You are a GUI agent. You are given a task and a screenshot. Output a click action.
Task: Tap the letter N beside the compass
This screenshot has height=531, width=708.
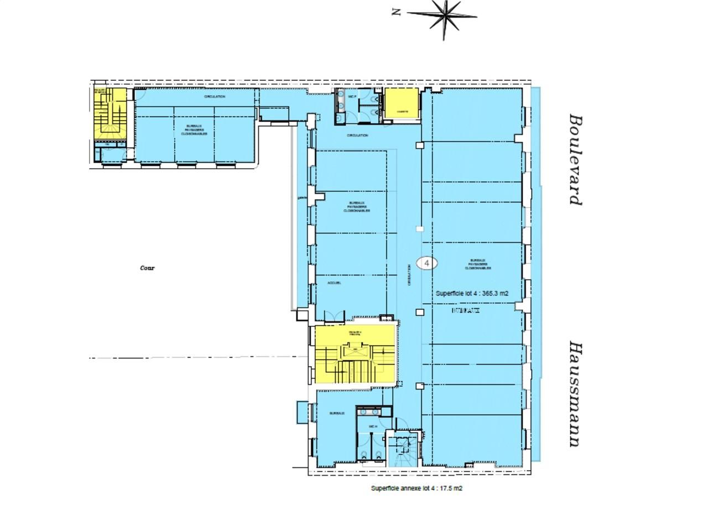(396, 12)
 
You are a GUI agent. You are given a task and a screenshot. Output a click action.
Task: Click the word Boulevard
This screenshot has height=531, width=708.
(576, 160)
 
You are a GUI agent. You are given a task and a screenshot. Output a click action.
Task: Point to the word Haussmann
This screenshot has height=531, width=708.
(576, 394)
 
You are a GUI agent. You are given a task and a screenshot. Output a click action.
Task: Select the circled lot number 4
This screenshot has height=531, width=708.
(426, 263)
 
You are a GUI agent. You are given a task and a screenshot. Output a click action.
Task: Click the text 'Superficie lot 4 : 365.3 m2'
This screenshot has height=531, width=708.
(472, 294)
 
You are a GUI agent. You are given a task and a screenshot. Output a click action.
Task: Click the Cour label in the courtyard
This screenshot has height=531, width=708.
(147, 268)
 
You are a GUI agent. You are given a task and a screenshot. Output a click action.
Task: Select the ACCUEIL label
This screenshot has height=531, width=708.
(334, 283)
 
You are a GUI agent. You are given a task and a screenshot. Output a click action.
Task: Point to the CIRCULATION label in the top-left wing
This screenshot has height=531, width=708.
(215, 97)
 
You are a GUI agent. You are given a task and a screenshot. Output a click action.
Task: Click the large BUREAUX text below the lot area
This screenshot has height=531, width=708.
(465, 311)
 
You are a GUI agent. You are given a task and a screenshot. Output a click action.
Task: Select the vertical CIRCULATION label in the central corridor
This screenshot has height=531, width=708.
(409, 274)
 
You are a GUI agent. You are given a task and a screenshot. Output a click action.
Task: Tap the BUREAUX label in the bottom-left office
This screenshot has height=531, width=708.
(337, 413)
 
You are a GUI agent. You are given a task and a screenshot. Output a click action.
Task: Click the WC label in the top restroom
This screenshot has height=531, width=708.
(351, 97)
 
